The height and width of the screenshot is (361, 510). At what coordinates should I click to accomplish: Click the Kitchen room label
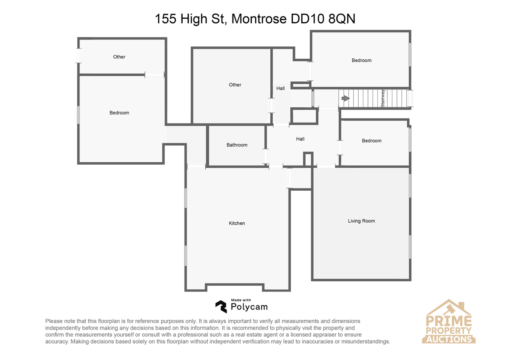(237, 223)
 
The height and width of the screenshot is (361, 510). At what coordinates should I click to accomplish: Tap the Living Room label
(361, 221)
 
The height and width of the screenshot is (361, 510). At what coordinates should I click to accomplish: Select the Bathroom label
(237, 145)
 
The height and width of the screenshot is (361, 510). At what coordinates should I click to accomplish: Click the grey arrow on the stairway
(346, 98)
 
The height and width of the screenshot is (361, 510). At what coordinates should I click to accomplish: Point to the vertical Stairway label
(383, 98)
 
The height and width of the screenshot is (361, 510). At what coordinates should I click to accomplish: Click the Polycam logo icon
(221, 307)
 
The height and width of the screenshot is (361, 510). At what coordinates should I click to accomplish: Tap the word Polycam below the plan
(249, 307)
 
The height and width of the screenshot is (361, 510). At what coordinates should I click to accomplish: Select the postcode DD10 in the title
(307, 19)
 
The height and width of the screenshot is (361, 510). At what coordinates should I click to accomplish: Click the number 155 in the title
(165, 19)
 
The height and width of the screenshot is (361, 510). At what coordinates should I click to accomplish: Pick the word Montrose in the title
(259, 19)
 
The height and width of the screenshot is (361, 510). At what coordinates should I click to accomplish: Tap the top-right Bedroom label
(362, 60)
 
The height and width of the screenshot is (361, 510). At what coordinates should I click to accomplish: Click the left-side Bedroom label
(119, 113)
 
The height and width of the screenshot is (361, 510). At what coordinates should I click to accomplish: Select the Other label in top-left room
(119, 57)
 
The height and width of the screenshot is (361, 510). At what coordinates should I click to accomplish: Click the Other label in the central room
(235, 85)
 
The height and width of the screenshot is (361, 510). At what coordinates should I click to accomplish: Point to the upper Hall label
(280, 88)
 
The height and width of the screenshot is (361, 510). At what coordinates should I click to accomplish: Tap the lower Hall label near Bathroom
(300, 139)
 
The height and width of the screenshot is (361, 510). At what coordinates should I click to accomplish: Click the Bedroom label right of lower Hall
(372, 141)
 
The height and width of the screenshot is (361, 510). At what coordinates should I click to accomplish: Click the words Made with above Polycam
(241, 300)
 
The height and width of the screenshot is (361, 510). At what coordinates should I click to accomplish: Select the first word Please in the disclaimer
(54, 321)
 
